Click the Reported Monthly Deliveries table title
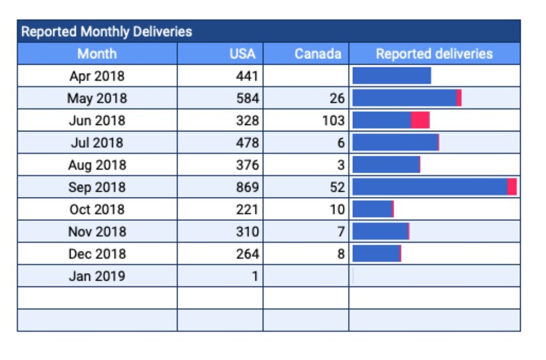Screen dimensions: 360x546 (x=106, y=32)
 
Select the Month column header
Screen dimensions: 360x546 (x=97, y=54)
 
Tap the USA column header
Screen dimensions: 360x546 (x=242, y=54)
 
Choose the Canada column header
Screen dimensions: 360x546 (x=318, y=54)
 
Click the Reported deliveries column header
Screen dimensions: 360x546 (x=434, y=54)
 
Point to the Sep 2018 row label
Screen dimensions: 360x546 (x=97, y=187)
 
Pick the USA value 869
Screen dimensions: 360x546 (x=247, y=187)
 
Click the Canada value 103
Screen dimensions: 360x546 (x=333, y=120)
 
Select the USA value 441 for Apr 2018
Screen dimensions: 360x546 (x=247, y=76)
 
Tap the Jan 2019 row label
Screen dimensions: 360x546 (x=97, y=276)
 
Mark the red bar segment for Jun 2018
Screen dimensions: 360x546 (x=420, y=120)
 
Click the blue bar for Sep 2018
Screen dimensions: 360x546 (x=430, y=187)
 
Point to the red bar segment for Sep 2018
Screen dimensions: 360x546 (x=512, y=187)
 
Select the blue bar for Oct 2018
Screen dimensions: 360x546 (x=372, y=209)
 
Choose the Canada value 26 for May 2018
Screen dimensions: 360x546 (x=337, y=98)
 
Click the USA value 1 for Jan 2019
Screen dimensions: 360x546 (x=254, y=276)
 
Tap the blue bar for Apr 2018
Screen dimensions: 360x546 (x=391, y=76)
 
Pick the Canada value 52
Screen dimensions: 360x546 (x=337, y=187)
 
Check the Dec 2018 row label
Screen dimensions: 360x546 (x=97, y=253)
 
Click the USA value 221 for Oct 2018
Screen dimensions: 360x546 (x=247, y=209)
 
